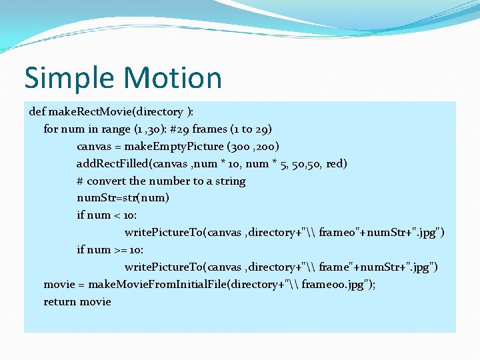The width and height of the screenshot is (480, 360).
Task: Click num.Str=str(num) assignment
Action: click(x=123, y=198)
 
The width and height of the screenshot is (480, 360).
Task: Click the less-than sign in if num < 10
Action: click(x=116, y=215)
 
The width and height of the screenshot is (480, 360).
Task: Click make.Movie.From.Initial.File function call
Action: click(x=175, y=285)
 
